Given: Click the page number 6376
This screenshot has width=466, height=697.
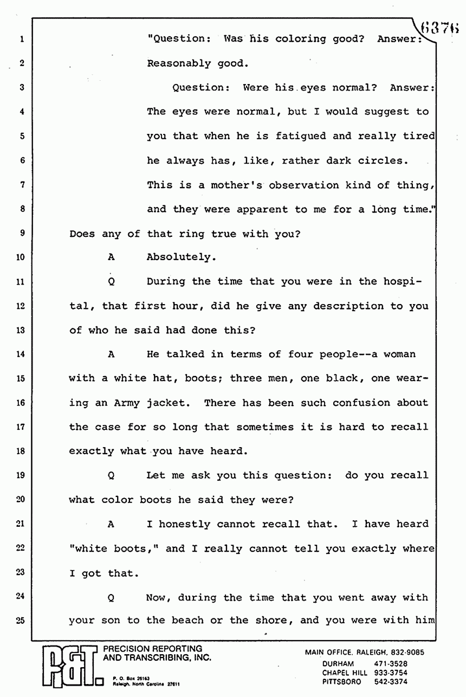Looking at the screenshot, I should pos(442,25).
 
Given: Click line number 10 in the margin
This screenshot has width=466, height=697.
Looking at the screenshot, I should pos(21,257).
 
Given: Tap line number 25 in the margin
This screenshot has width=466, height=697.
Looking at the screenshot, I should pos(21,621).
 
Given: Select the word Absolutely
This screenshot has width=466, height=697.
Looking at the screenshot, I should pos(182,257).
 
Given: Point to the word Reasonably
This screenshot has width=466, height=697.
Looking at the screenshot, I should pos(178,63).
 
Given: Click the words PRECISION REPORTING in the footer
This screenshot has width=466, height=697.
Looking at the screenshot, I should pos(152,649).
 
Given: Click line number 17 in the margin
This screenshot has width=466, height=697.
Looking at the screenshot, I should pos(21,427).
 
